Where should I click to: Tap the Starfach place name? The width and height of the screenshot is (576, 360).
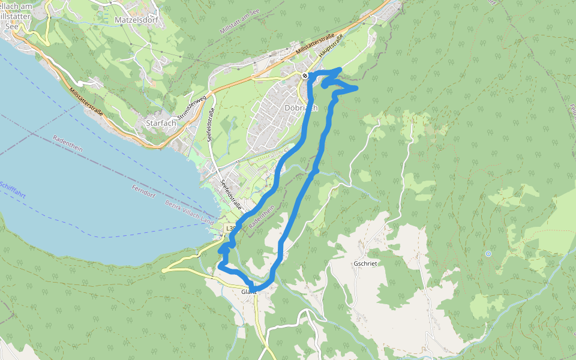point(160,123)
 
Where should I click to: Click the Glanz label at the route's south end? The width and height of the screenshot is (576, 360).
point(249,292)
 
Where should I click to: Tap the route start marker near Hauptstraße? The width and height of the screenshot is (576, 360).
point(305,76)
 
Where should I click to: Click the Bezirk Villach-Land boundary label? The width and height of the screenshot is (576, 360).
point(188,212)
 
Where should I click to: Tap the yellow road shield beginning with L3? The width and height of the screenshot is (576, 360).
point(229,229)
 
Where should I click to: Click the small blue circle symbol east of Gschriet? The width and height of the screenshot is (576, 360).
point(488,254)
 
